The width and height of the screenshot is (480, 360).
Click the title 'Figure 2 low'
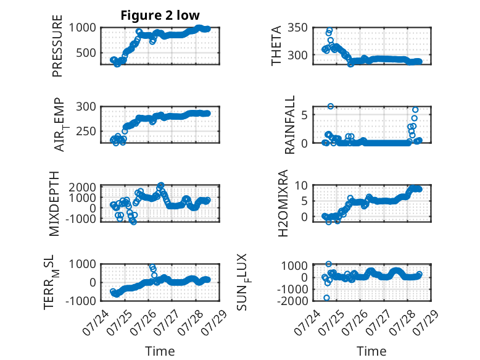pyautogui.click(x=160, y=15)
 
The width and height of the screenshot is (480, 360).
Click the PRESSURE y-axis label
pyautogui.click(x=57, y=46)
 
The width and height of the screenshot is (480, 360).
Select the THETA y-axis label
pyautogui.click(x=276, y=46)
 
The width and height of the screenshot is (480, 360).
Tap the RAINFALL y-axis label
pyautogui.click(x=289, y=125)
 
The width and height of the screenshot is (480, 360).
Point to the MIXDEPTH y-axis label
pyautogui.click(x=54, y=204)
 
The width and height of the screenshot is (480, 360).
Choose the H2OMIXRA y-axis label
pyautogui.click(x=283, y=203)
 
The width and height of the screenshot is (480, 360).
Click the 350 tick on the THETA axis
pyautogui.click(x=297, y=28)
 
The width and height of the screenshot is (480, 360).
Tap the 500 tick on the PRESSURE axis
pyautogui.click(x=86, y=52)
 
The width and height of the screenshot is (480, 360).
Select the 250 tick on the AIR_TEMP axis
pyautogui.click(x=86, y=131)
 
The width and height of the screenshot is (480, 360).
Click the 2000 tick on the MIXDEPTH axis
pyautogui.click(x=82, y=187)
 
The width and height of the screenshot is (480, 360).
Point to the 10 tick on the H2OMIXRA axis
pyautogui.click(x=301, y=185)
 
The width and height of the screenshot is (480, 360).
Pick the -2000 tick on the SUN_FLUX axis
pyautogui.click(x=292, y=301)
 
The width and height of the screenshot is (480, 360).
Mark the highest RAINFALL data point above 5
pyautogui.click(x=331, y=106)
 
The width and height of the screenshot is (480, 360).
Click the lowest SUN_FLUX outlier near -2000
pyautogui.click(x=326, y=298)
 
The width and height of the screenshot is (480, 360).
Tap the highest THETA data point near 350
pyautogui.click(x=329, y=30)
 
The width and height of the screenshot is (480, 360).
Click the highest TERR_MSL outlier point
pyautogui.click(x=152, y=267)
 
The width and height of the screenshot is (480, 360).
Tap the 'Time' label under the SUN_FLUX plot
pyautogui.click(x=371, y=351)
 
